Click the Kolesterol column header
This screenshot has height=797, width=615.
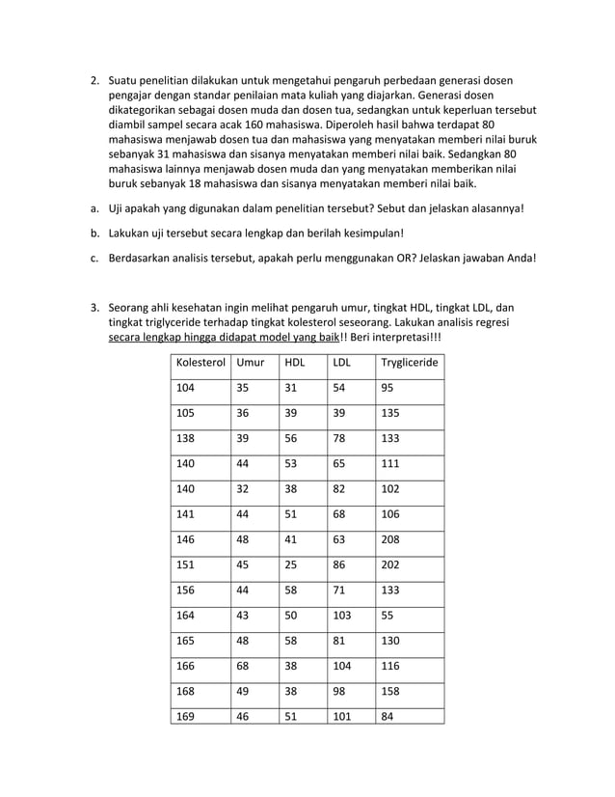pos(200,363)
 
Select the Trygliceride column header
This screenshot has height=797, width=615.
pos(409,363)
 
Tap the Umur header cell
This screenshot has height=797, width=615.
pos(251,363)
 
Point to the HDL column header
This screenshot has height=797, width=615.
pos(293,363)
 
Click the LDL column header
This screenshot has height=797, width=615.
pos(341,363)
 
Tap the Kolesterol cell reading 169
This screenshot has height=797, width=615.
pos(186,717)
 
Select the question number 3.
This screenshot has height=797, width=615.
pos(95,308)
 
